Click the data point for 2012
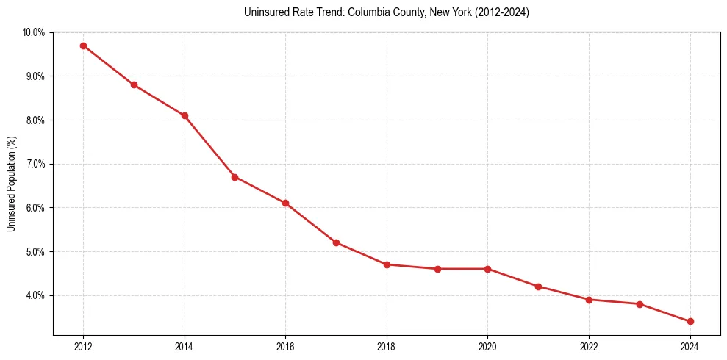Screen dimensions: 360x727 coord(83,46)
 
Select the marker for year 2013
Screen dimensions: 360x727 coord(134,84)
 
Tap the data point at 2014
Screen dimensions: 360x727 coord(185,115)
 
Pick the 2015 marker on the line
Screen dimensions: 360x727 coord(234,177)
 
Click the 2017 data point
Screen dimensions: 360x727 coord(336,242)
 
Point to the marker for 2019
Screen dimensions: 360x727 coord(437,269)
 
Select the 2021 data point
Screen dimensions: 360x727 coord(538,287)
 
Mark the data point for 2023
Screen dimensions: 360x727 coord(640,304)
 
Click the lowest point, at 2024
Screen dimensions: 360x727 coord(690,322)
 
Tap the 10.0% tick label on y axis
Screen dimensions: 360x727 coord(33,32)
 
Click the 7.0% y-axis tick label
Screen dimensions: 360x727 coord(35,164)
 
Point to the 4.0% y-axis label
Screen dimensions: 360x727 coord(35,295)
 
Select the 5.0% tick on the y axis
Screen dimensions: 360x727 coord(35,252)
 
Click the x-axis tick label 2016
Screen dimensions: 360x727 coord(285,346)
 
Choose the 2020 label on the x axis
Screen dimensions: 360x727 coord(487,346)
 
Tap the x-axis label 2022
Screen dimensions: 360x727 coord(589,346)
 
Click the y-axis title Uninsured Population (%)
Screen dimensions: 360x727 coord(12,184)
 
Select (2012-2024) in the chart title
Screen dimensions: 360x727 coord(501,12)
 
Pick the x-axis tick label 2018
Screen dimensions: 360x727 coord(387,346)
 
